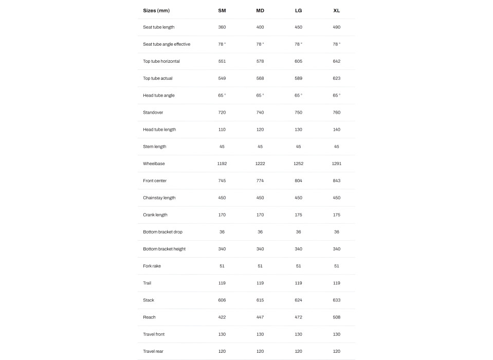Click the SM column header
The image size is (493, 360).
pos(222,10)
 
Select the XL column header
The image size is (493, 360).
pos(336,10)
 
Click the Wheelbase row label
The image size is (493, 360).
pos(154,164)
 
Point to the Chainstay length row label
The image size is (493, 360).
pos(159,197)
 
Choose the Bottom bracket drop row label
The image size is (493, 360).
pos(162,232)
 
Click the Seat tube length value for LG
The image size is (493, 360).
pos(298,27)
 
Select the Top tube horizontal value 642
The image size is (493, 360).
pos(336,61)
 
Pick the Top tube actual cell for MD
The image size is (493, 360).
pos(260,78)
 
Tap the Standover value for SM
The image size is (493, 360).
pos(222,112)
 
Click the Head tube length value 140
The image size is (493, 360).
pos(336,130)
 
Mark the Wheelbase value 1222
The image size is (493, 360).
pos(260,164)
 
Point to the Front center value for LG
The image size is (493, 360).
pos(298,181)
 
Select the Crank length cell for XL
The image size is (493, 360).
pos(336,214)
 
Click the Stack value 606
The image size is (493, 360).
pos(222,300)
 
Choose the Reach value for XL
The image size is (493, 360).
pos(336,317)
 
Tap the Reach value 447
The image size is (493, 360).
pos(260,317)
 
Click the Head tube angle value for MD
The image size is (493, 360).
pos(260,95)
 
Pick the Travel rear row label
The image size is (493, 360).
pos(153,351)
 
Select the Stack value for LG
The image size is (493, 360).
pos(298,300)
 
